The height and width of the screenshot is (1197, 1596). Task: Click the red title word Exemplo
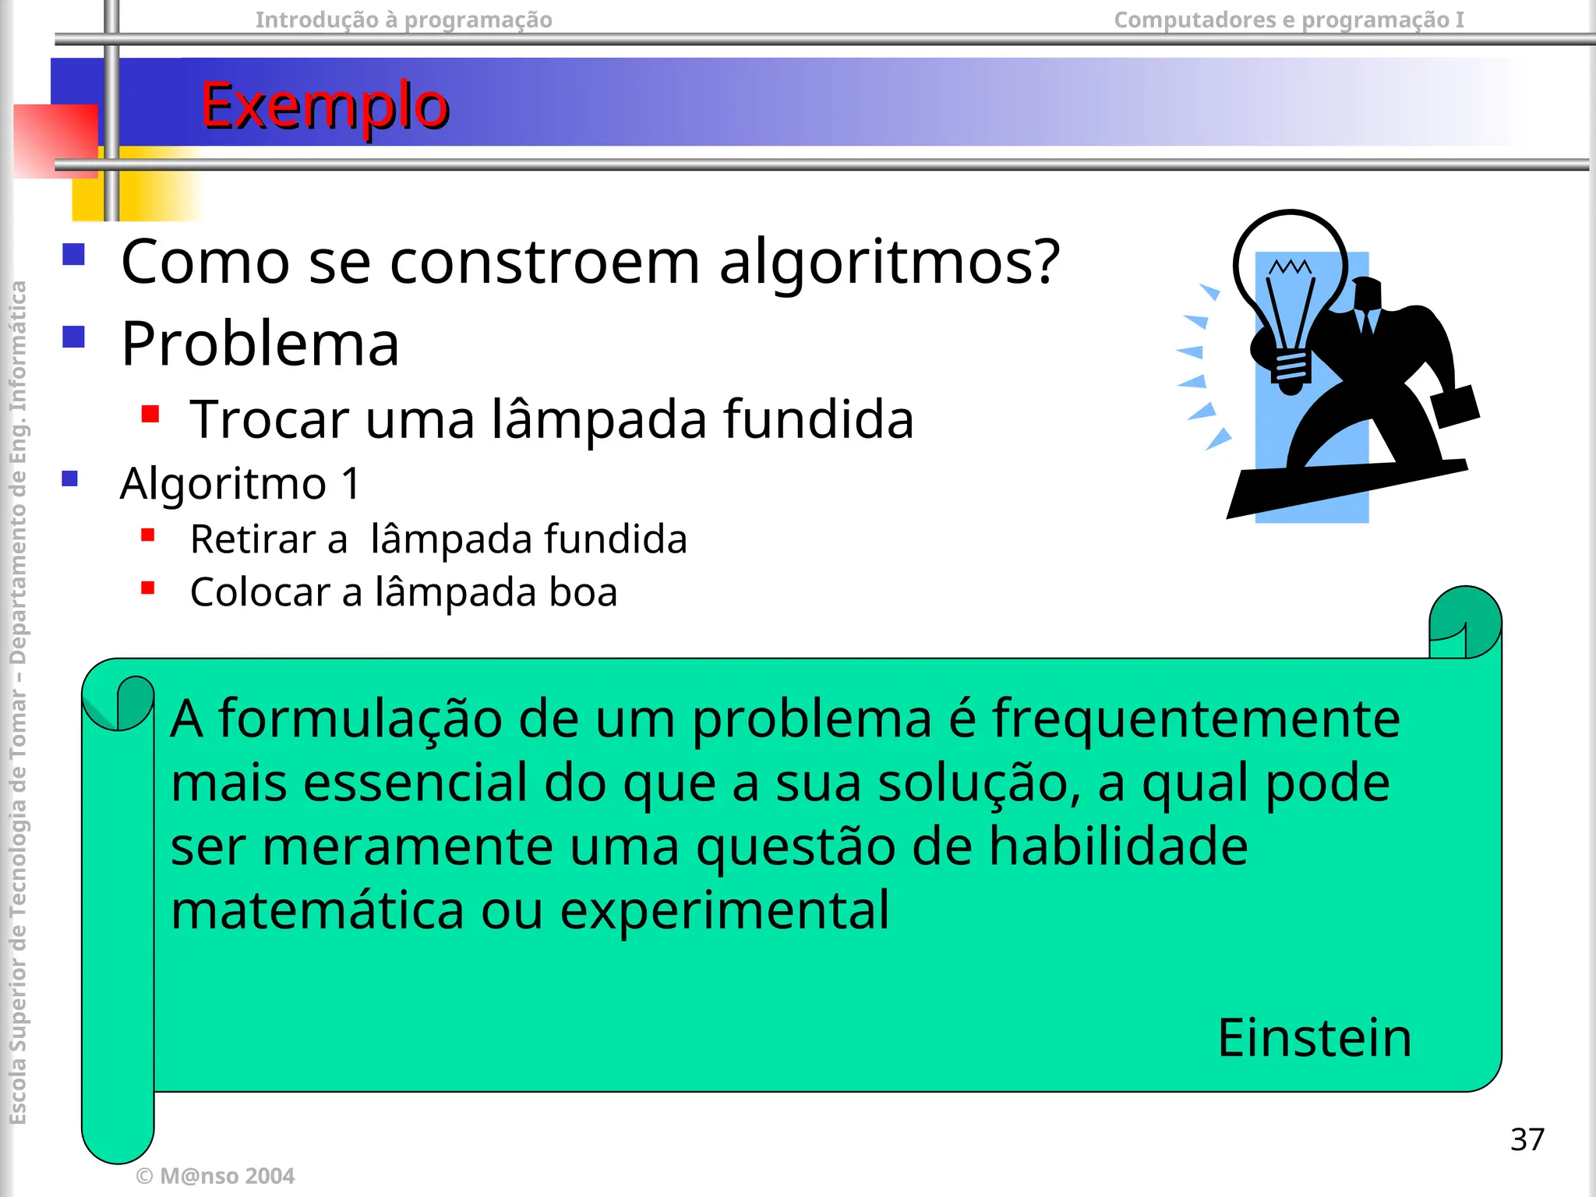coord(325,106)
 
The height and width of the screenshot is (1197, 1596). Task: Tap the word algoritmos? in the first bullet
coord(889,262)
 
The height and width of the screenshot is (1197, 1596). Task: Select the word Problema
coord(260,344)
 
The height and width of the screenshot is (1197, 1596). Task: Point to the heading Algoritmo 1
coord(241,483)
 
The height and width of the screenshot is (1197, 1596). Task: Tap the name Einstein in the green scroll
coord(1315,1038)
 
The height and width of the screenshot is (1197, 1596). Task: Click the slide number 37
coord(1527,1139)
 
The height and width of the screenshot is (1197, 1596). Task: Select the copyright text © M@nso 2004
coord(215,1176)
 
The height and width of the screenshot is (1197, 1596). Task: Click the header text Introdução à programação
coord(404,19)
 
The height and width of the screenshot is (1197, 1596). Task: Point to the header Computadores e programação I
coord(1289,19)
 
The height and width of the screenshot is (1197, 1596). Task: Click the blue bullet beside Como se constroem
coord(74,255)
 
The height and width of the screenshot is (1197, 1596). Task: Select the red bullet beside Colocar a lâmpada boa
coord(148,588)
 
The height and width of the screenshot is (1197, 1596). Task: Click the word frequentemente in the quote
coord(1195,719)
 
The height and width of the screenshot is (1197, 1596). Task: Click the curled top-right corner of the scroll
coord(1464,623)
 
